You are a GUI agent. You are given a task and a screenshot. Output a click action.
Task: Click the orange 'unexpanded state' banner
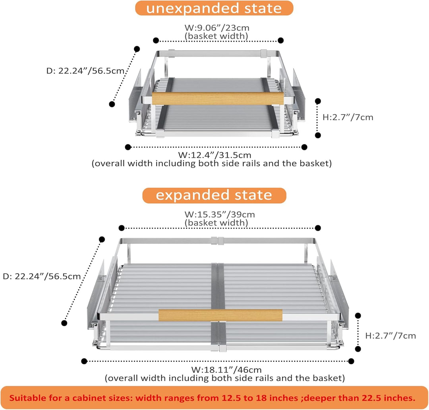click(x=214, y=8)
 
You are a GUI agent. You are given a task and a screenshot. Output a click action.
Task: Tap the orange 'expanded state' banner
click(x=214, y=195)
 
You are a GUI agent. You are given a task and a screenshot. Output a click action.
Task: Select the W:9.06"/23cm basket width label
click(x=217, y=28)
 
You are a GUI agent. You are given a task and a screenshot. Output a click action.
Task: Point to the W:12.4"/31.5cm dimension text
click(x=214, y=155)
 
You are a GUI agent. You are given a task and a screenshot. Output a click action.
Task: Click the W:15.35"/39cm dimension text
click(x=219, y=214)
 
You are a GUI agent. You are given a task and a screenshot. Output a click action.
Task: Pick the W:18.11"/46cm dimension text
click(x=226, y=369)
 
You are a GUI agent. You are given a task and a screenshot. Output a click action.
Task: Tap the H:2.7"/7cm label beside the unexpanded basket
click(x=348, y=117)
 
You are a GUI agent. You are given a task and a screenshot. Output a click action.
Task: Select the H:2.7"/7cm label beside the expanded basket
click(x=390, y=336)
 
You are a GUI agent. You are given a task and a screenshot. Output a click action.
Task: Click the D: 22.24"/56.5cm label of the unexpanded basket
click(x=85, y=71)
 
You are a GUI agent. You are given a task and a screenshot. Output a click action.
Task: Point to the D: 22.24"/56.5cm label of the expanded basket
click(x=42, y=276)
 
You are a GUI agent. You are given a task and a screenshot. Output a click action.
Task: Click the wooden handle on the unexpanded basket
click(x=218, y=98)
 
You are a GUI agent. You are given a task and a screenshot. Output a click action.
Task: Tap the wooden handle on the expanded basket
click(x=220, y=315)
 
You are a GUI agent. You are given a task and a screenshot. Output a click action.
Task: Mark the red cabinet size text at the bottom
click(x=212, y=398)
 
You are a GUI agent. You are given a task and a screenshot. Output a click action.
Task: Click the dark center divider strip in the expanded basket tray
click(x=218, y=304)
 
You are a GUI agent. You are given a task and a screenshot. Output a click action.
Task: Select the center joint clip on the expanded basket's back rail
click(x=218, y=241)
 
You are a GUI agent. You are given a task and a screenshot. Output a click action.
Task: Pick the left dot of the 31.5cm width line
click(x=128, y=147)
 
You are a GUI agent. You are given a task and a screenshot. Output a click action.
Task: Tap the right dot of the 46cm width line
click(x=351, y=361)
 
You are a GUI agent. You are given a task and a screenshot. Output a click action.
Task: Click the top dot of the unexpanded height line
click(x=318, y=101)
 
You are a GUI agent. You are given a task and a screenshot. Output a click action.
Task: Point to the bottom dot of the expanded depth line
click(x=64, y=323)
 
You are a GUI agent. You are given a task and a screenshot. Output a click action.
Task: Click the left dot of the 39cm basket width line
click(x=122, y=228)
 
